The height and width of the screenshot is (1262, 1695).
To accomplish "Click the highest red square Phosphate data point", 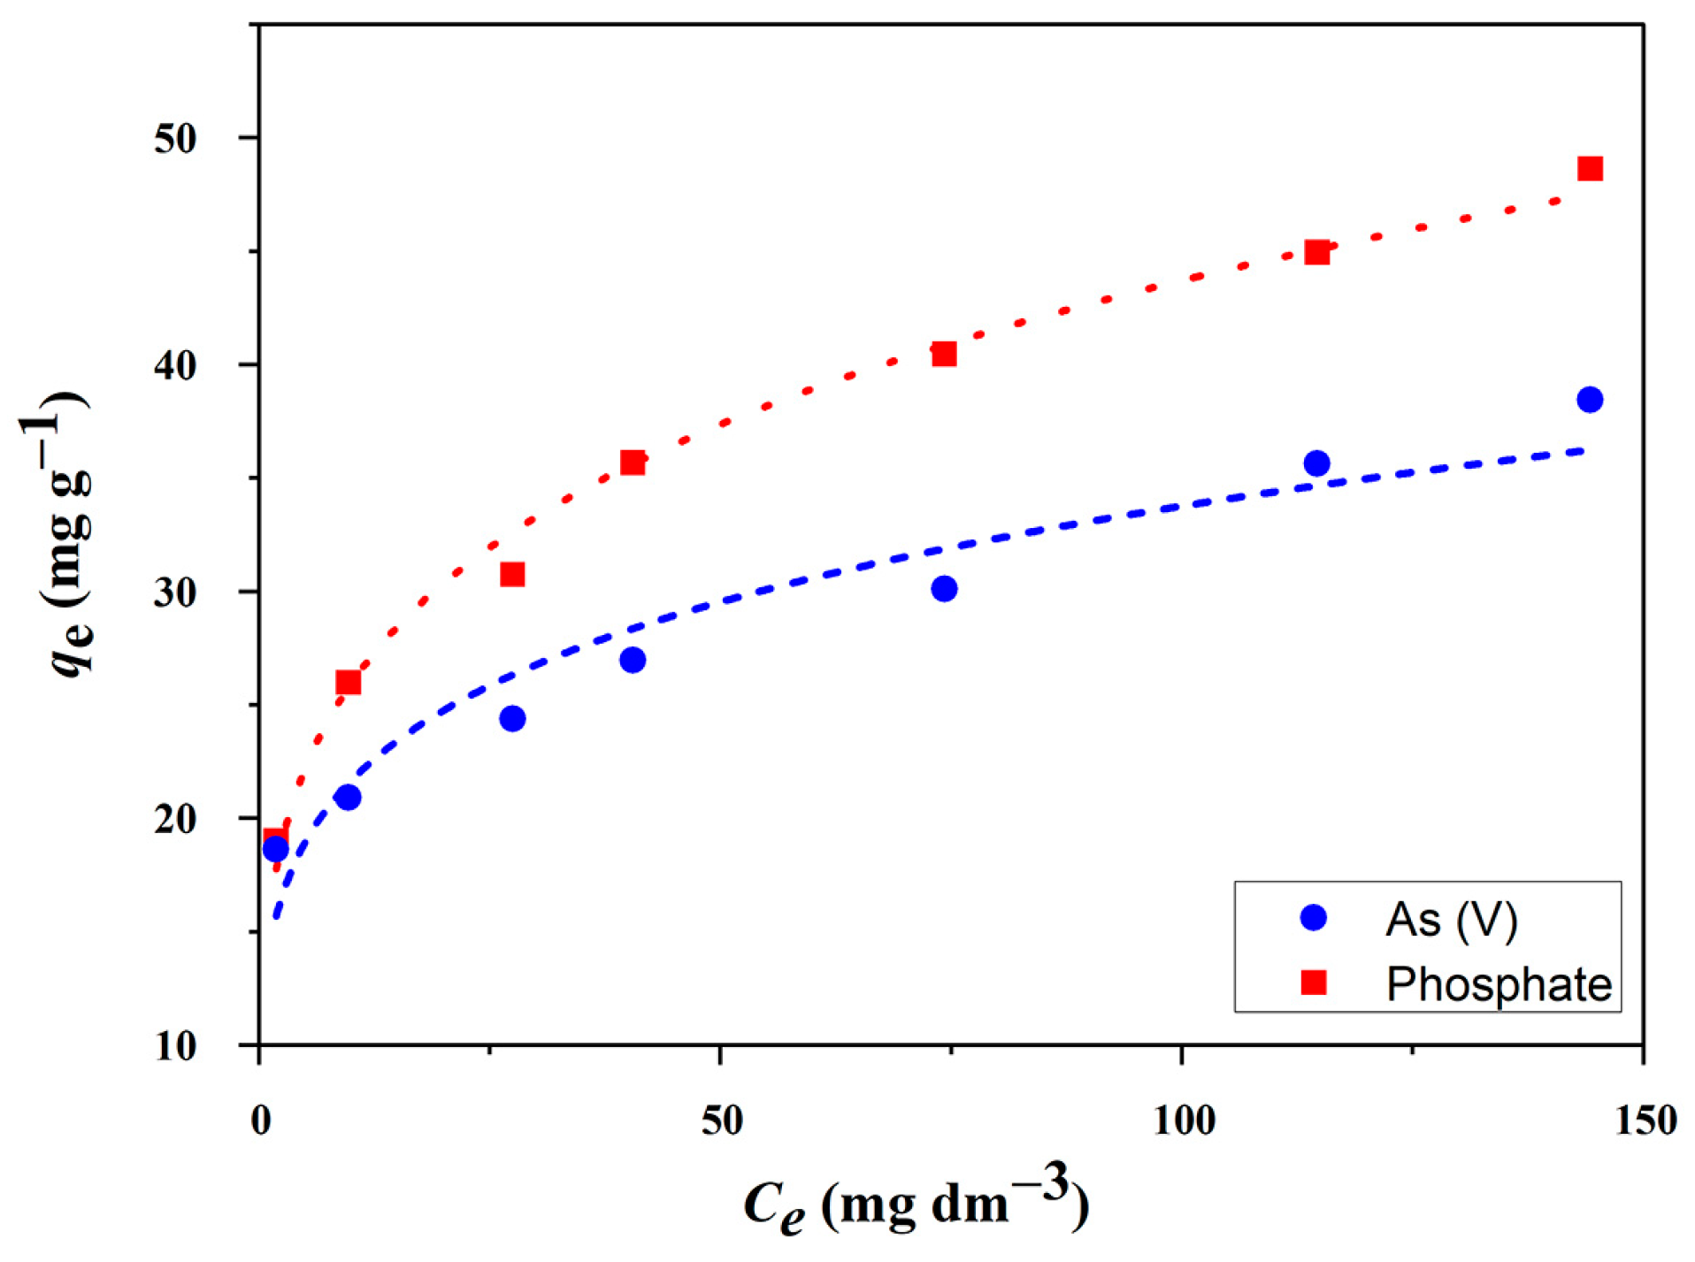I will click(1589, 169).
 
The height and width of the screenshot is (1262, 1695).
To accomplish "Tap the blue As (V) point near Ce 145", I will click(1589, 400).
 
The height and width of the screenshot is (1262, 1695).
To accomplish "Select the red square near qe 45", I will click(1316, 253).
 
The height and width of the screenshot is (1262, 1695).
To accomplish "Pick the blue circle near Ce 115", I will click(1316, 463).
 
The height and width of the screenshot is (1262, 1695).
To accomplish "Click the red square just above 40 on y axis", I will click(944, 355).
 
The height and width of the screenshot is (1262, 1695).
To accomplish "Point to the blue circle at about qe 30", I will click(944, 589).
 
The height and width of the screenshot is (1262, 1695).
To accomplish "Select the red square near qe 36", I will click(633, 463).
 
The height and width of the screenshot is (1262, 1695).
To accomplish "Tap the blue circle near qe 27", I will click(633, 661).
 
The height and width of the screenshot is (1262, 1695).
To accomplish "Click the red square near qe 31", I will click(512, 575).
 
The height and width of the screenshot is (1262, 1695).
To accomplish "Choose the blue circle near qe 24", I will click(512, 719).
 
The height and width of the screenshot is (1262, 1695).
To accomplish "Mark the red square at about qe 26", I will click(349, 683).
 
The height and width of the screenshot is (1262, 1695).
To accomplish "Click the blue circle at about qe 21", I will click(349, 798).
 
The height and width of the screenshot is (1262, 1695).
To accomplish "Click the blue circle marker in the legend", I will click(1314, 918).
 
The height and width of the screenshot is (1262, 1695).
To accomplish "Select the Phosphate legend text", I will click(1499, 984).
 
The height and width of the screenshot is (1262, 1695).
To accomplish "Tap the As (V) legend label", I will click(1451, 920).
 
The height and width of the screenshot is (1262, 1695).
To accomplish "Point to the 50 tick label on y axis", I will click(175, 139).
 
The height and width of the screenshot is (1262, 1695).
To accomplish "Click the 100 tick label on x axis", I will click(1184, 1121).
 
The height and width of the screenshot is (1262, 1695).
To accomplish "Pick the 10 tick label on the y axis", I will click(175, 1046).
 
